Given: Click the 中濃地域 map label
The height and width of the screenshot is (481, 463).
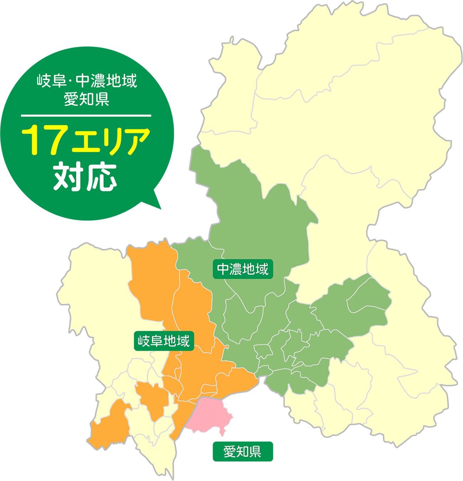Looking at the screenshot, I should click(x=243, y=269).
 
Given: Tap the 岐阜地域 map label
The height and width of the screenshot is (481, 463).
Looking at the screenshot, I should click(x=164, y=341).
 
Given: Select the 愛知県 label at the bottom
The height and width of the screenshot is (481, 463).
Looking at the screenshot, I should click(x=242, y=452).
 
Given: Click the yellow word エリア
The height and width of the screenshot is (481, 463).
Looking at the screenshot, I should click(x=111, y=141).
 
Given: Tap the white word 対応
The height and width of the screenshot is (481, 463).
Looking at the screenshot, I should click(x=85, y=177).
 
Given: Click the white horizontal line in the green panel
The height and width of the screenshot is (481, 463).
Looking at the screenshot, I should click(x=86, y=116).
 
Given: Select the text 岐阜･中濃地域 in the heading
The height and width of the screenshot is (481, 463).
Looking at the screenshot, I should click(x=87, y=81).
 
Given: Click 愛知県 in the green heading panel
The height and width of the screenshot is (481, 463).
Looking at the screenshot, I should click(x=87, y=99).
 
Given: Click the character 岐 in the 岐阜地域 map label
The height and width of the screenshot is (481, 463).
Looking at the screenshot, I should click(x=144, y=341).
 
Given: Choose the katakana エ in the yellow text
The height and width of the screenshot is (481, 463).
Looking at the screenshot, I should click(x=85, y=142).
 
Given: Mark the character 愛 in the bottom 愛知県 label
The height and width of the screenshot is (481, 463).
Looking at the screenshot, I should click(x=229, y=452).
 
